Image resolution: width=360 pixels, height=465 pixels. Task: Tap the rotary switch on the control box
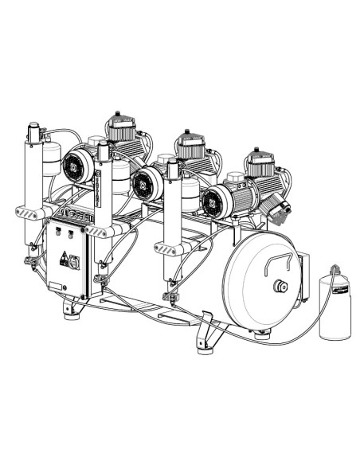74,260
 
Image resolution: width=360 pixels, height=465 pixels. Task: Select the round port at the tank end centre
280,287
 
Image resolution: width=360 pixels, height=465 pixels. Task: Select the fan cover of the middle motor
145,182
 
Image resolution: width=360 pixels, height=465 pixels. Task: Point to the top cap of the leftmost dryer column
35,128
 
